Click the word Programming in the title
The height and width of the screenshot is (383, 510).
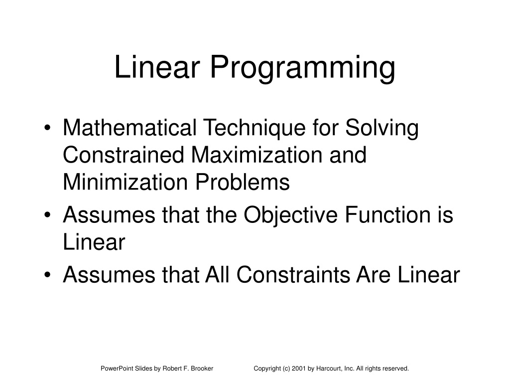[302, 68]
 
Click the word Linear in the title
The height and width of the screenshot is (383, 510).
[157, 67]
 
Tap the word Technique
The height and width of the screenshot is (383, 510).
[255, 128]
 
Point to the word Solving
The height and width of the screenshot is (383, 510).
[382, 128]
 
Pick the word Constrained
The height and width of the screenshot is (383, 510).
[124, 155]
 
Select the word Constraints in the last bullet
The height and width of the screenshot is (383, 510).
[293, 274]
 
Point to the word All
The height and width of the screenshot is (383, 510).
[217, 274]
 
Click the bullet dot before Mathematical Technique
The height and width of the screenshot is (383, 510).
[47, 128]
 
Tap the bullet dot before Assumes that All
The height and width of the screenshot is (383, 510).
[47, 275]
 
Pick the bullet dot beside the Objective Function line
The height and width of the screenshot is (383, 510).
[47, 215]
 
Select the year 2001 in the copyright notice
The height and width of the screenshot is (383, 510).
[299, 369]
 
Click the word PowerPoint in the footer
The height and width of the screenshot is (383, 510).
[115, 369]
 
